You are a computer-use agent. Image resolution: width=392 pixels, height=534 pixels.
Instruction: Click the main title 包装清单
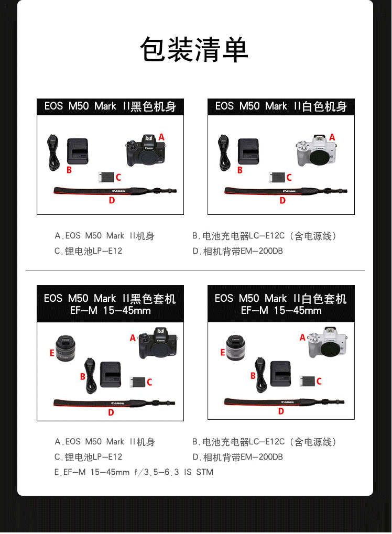pyautogui.click(x=194, y=50)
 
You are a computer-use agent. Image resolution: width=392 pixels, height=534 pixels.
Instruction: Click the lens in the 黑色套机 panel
pyautogui.click(x=66, y=348)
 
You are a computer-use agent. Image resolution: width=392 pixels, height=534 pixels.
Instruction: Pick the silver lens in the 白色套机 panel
pyautogui.click(x=236, y=348)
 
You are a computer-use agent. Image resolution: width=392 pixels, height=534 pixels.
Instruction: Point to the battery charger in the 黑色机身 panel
pyautogui.click(x=78, y=151)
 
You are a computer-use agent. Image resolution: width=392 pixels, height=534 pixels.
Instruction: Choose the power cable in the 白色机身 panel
pyautogui.click(x=224, y=152)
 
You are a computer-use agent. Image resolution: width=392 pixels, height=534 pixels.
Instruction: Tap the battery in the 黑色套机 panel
pyautogui.click(x=138, y=382)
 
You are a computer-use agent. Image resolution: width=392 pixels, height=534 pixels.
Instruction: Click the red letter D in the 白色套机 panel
pyautogui.click(x=281, y=411)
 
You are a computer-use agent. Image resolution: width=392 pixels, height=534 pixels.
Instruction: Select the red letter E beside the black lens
pyautogui.click(x=52, y=353)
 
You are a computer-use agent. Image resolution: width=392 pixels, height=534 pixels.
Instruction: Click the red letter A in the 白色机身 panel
pyautogui.click(x=332, y=137)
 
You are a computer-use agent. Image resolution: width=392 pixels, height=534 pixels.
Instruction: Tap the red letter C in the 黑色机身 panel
pyautogui.click(x=118, y=178)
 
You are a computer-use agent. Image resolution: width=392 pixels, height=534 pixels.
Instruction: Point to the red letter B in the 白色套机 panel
pyautogui.click(x=253, y=376)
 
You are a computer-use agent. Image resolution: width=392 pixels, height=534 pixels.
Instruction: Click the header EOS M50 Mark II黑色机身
pyautogui.click(x=110, y=106)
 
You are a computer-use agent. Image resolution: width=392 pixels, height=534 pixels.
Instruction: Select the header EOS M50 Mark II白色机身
pyautogui.click(x=281, y=106)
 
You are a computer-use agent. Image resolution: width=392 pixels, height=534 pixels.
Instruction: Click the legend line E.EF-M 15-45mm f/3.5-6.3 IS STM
pyautogui.click(x=134, y=472)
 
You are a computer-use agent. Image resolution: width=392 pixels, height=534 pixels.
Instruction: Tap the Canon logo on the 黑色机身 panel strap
pyautogui.click(x=118, y=191)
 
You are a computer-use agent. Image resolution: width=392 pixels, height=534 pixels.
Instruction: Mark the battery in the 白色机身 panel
pyautogui.click(x=277, y=178)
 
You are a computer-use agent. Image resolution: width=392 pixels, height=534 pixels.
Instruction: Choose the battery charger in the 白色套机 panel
pyautogui.click(x=280, y=374)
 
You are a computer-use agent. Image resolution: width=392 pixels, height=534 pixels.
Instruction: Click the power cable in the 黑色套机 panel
pyautogui.click(x=90, y=376)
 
